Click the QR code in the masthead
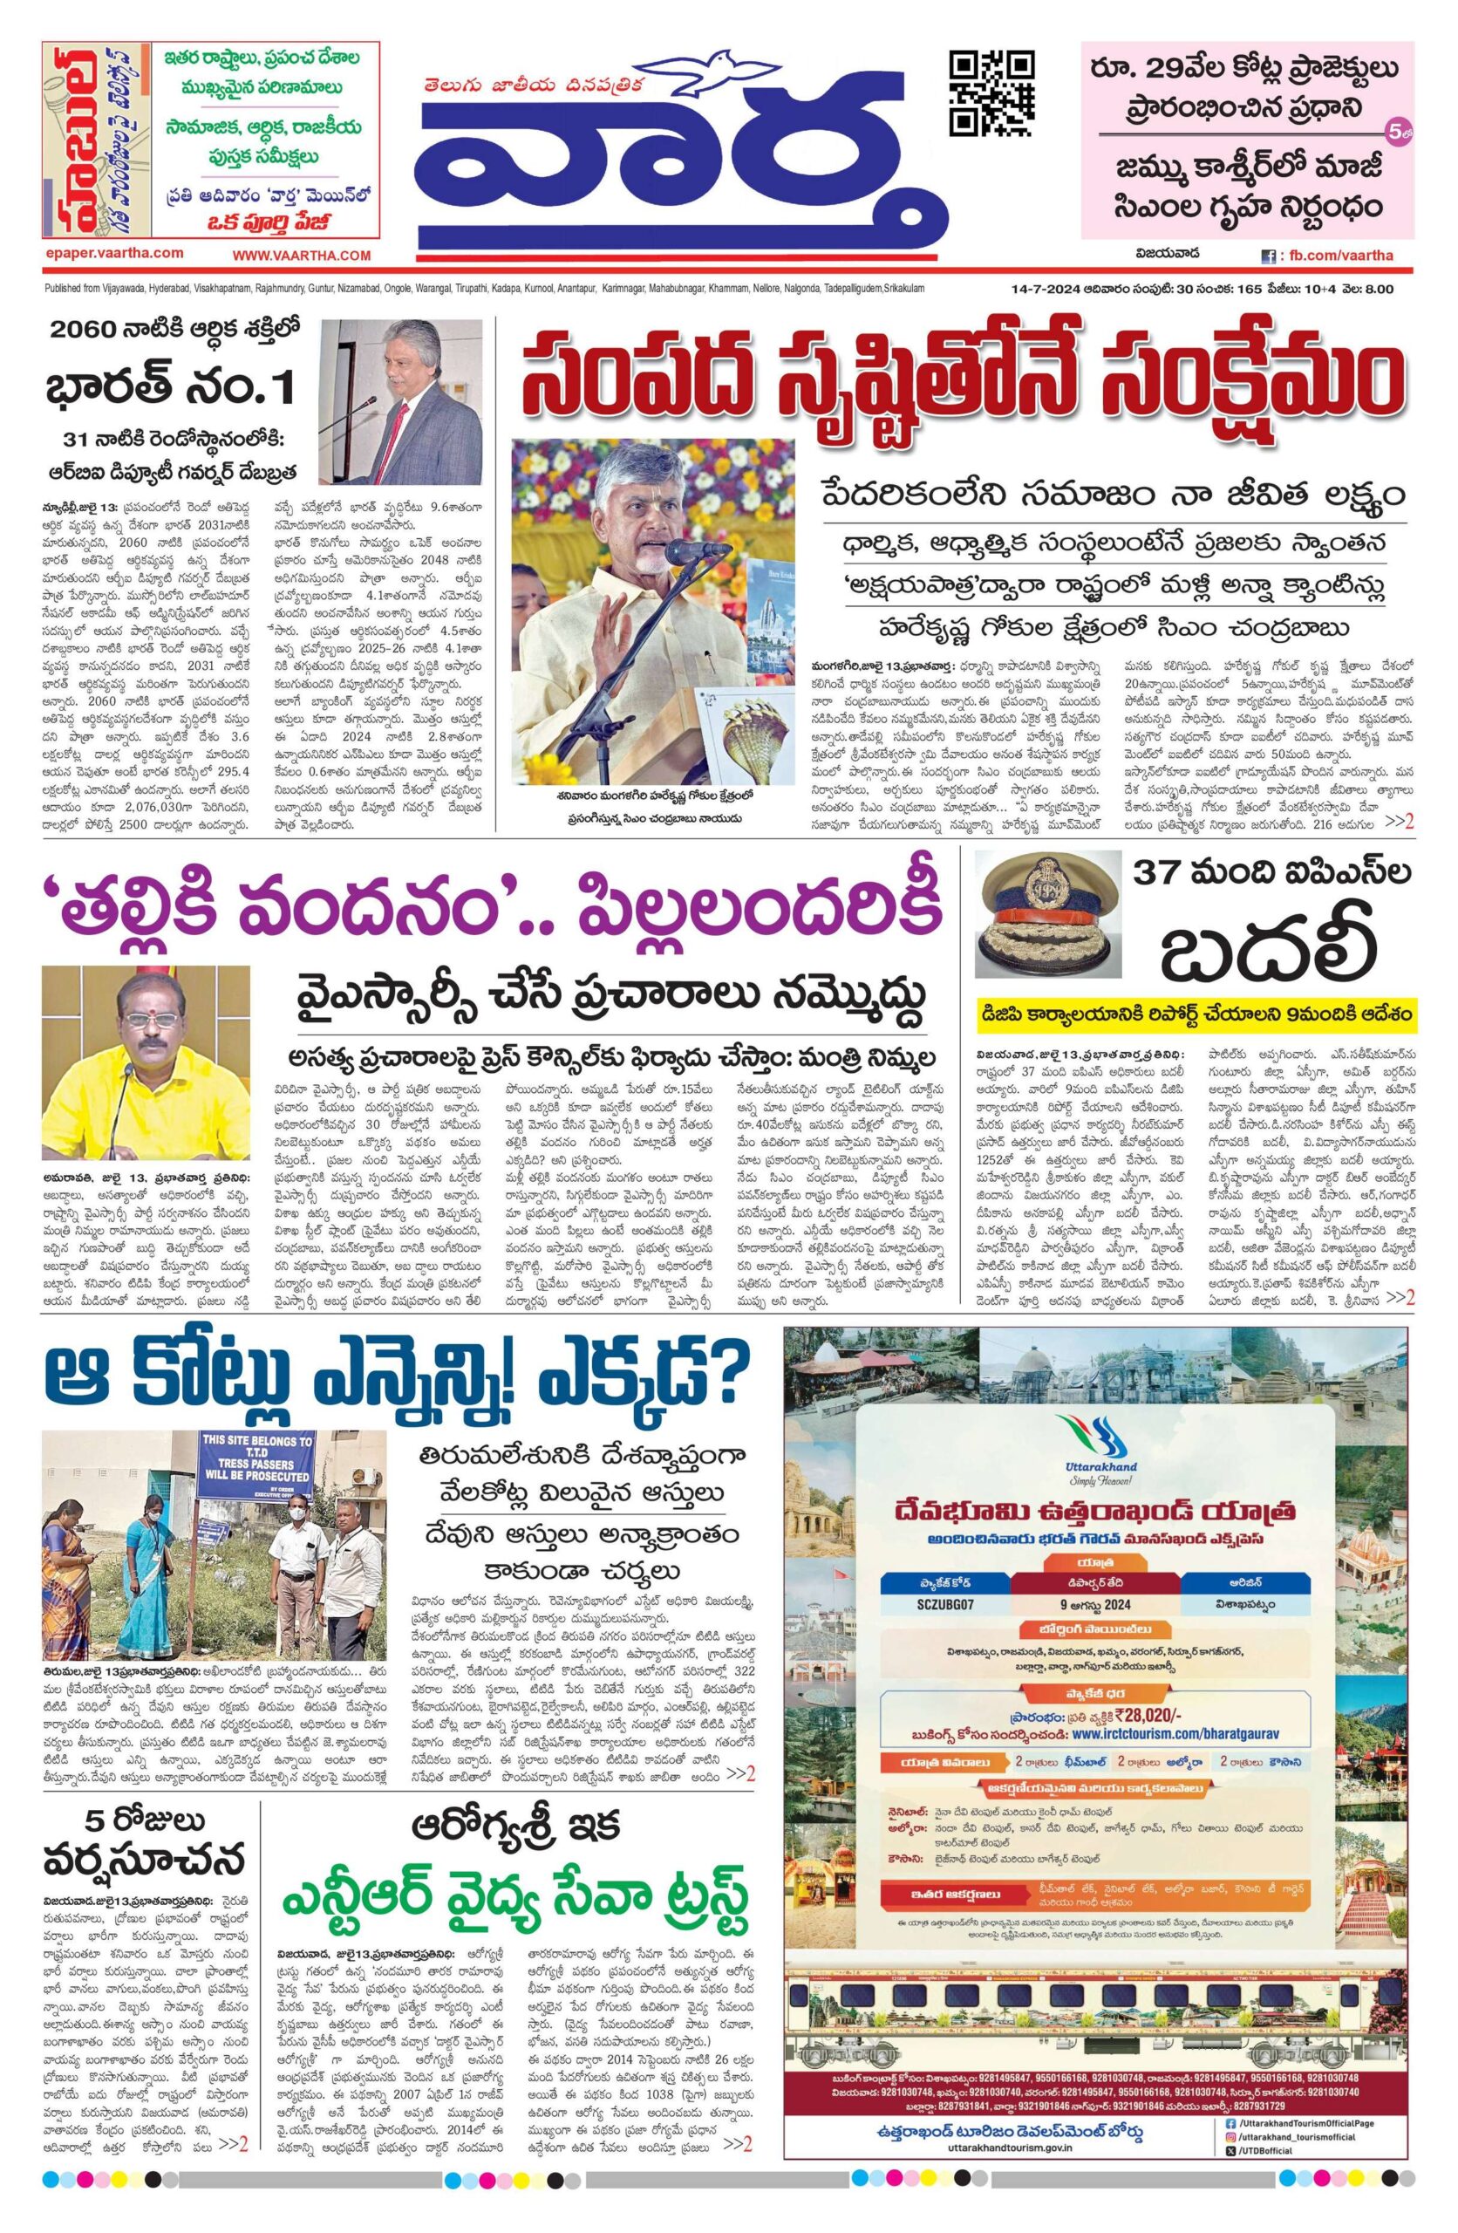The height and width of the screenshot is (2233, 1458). tap(993, 92)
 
